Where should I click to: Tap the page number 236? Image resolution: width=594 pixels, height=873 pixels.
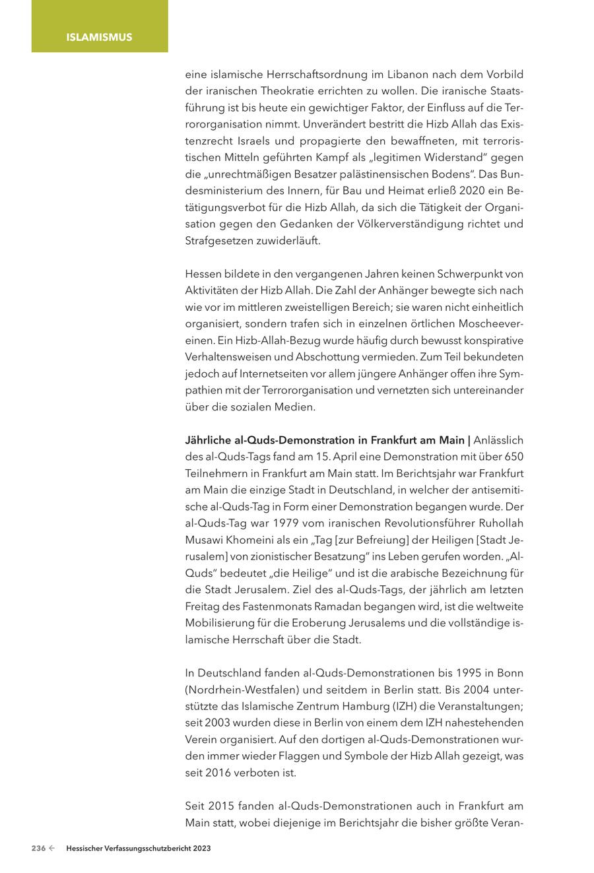point(38,849)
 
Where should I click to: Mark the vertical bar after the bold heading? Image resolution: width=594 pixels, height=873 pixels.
point(469,439)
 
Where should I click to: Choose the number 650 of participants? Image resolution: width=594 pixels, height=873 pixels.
point(513,456)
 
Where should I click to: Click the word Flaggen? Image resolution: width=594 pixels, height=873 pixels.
point(299,756)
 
